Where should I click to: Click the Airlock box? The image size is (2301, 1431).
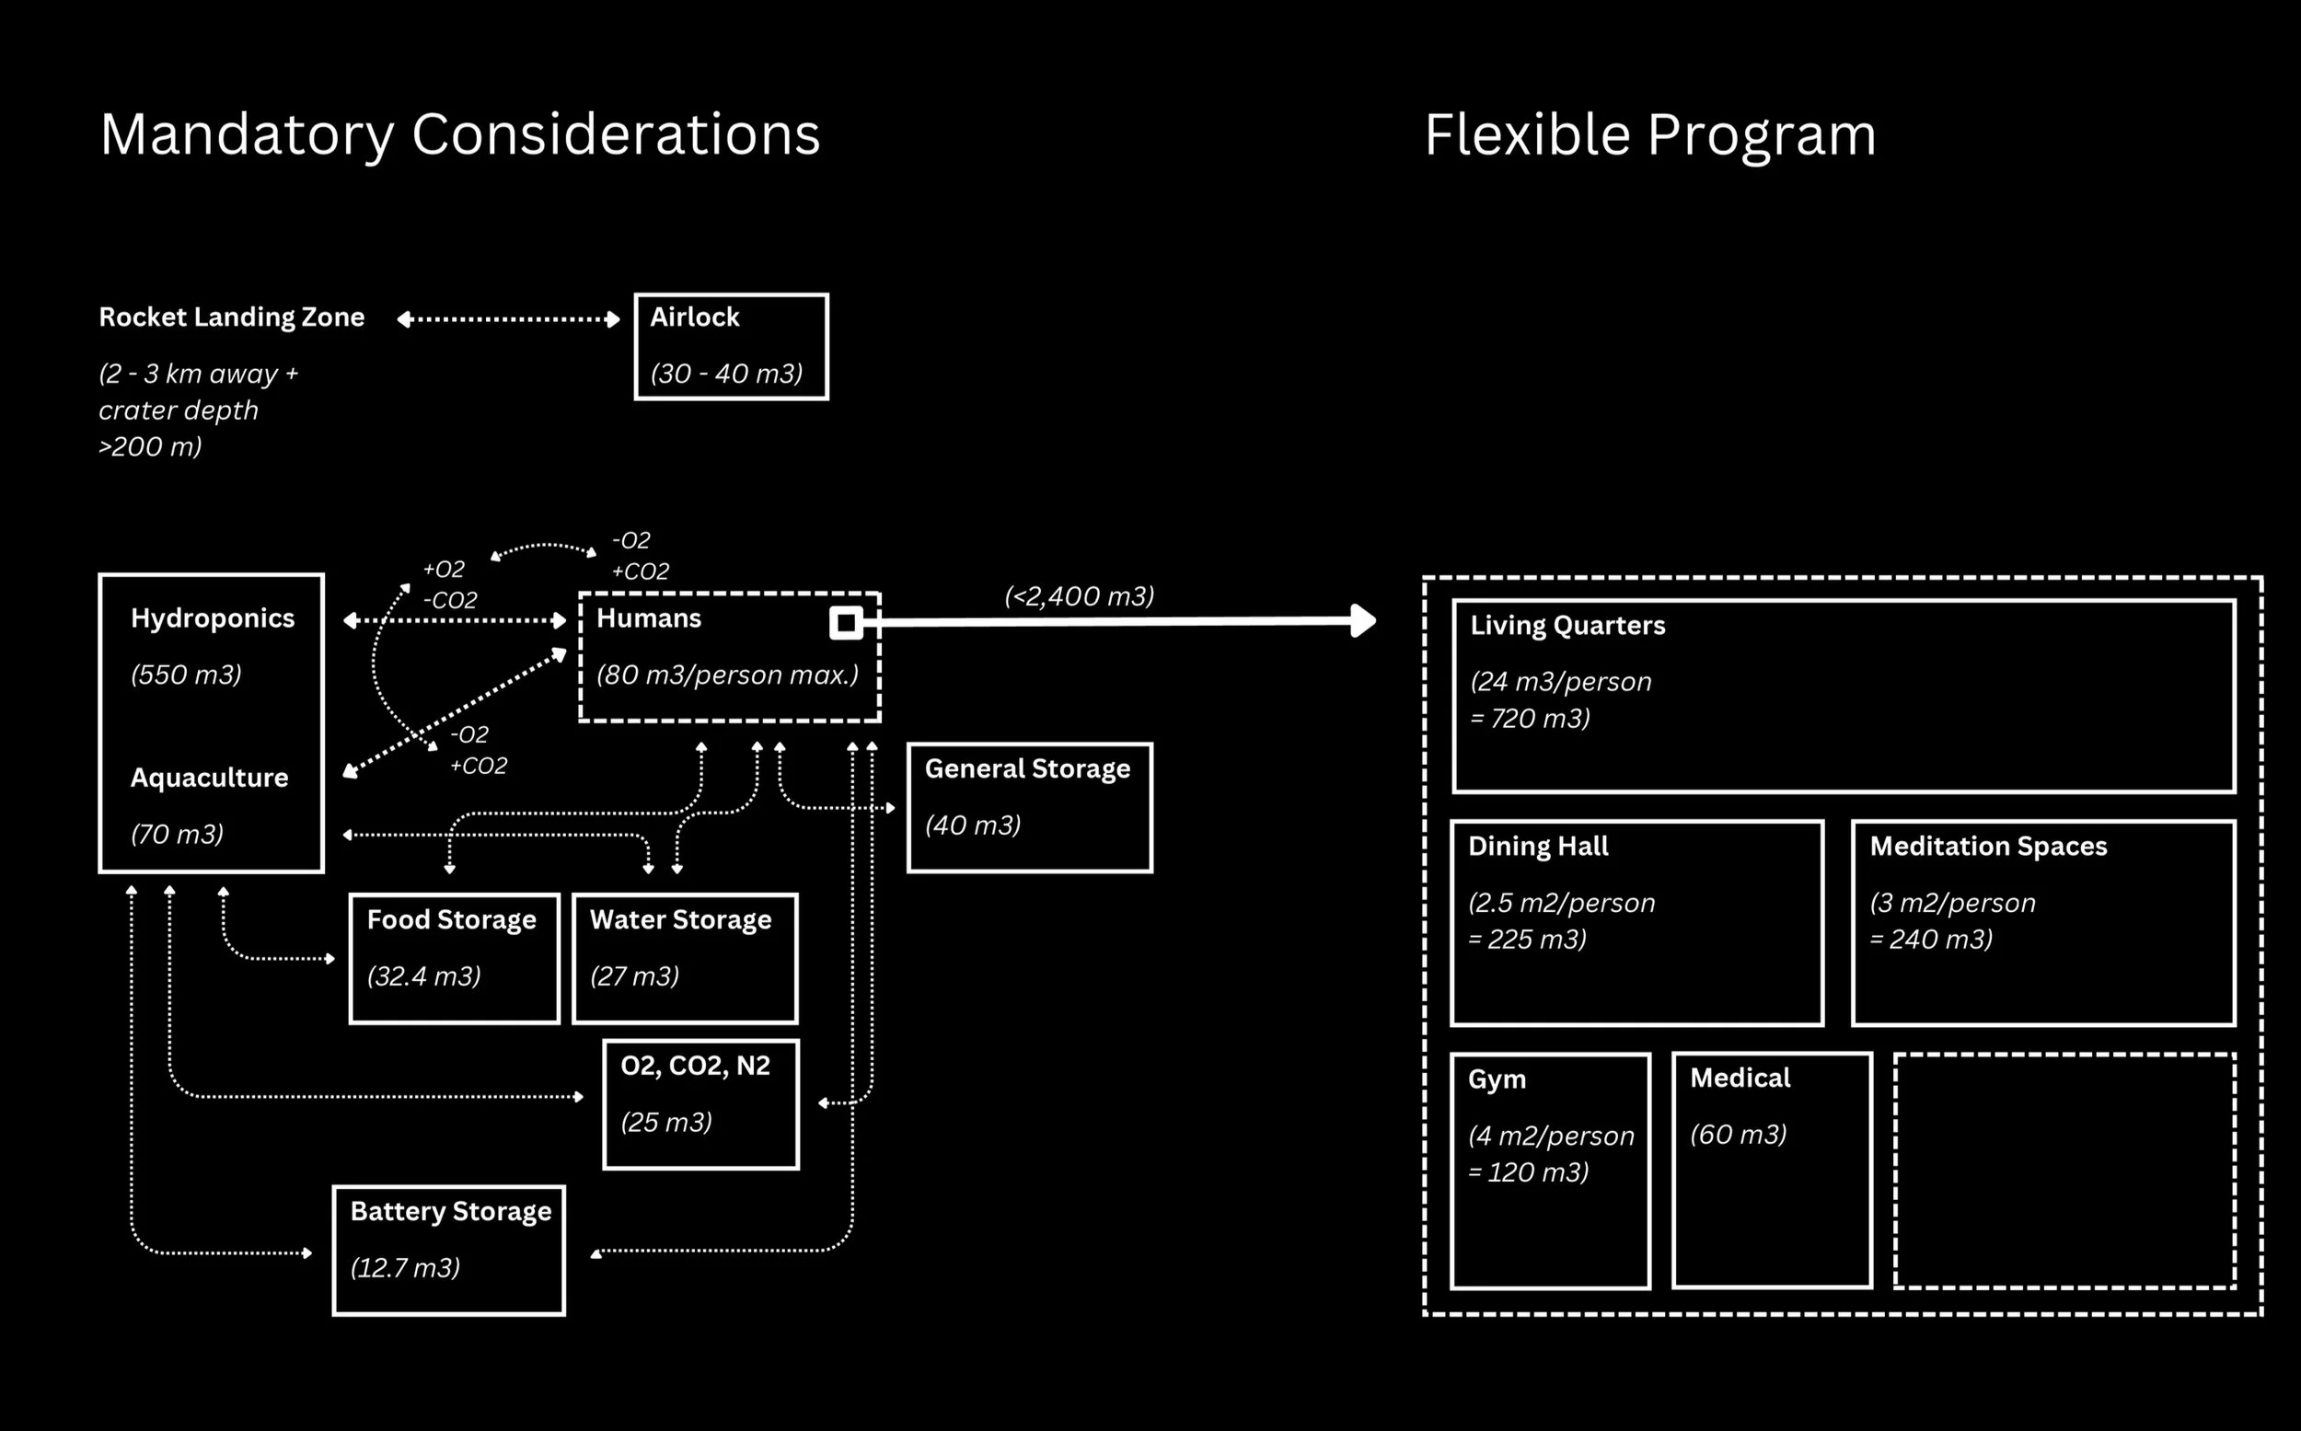coord(731,346)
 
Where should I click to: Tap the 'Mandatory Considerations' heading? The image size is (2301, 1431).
coord(460,134)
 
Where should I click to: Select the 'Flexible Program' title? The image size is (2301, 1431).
coord(1649,134)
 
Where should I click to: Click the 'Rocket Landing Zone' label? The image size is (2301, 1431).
coord(231,317)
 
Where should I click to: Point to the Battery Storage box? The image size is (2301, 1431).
coord(448,1250)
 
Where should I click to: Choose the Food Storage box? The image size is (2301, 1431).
coord(455,958)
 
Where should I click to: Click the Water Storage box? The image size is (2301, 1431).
coord(685,958)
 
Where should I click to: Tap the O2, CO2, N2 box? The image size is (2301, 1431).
coord(700,1103)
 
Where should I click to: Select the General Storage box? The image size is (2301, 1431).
coord(1029,807)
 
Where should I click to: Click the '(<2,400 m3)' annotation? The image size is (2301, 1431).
coord(1078,596)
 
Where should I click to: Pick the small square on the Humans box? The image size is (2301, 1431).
coord(846,623)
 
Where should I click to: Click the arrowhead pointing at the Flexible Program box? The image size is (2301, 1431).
coord(1363,621)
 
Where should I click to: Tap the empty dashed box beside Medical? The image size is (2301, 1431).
coord(2064,1170)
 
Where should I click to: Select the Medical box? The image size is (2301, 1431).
coord(1772,1170)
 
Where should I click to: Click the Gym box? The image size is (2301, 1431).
coord(1549,1171)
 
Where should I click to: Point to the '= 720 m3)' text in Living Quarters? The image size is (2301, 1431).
coord(1530,719)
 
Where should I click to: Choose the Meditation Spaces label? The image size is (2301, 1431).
coord(1988,846)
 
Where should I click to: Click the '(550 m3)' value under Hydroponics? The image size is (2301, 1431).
coord(186,675)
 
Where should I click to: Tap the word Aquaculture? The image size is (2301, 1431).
coord(209,778)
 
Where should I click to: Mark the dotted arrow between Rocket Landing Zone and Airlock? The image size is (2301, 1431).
coord(508,319)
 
